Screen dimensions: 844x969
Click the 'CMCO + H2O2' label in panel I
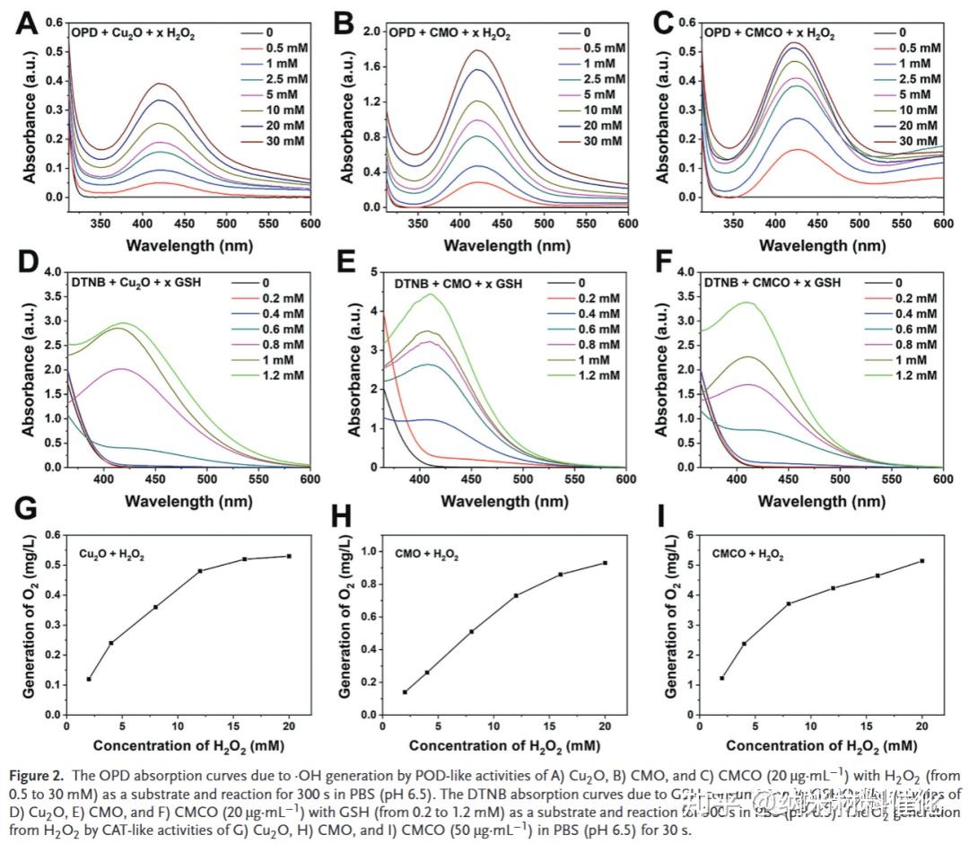[747, 557]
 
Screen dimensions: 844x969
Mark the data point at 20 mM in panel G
[289, 556]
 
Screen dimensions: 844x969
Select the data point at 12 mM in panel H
[516, 595]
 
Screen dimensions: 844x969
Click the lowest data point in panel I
[722, 678]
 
